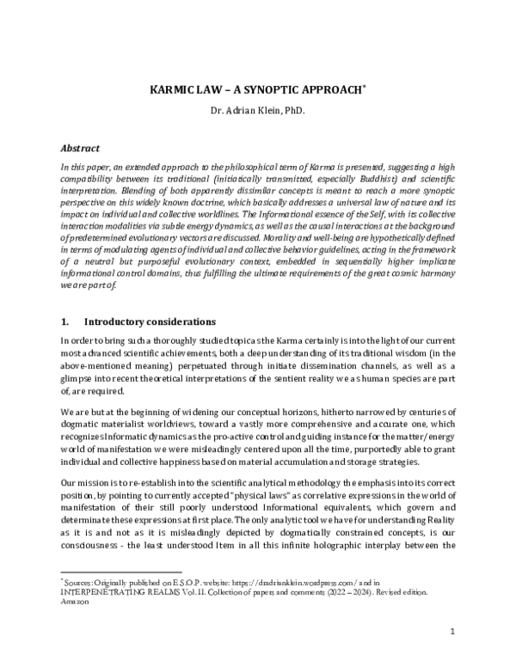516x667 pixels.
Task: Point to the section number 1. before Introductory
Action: [64, 322]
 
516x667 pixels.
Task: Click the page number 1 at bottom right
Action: [452, 633]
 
